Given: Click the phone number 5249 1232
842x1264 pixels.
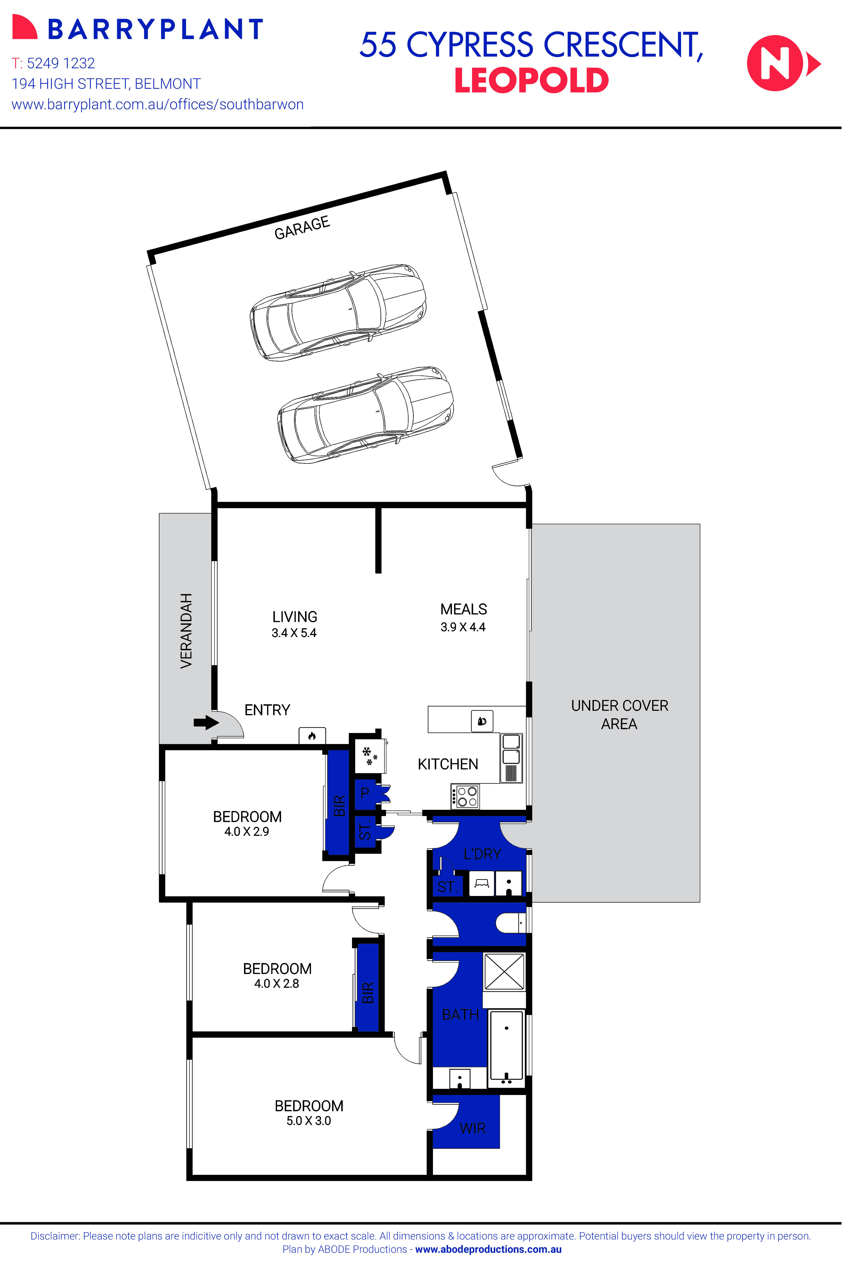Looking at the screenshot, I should point(61,63).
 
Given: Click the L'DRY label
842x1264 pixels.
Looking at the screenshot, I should point(482,854).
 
